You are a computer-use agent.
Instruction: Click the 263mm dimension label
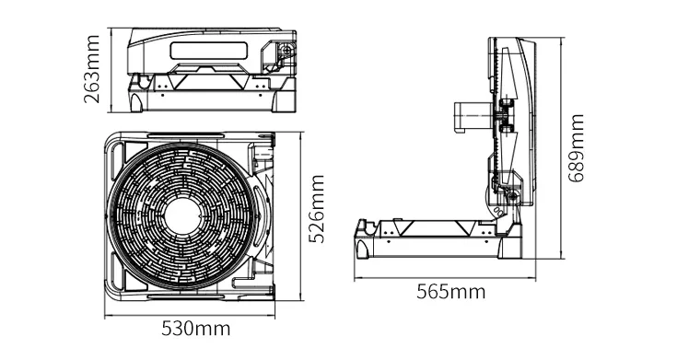tap(92, 69)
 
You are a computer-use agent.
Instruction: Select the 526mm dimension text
tap(316, 209)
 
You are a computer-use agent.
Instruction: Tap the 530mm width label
tap(196, 329)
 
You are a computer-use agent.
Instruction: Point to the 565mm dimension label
tap(451, 292)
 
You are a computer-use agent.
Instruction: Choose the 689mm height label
tap(576, 148)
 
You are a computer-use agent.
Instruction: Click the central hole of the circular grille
tap(182, 216)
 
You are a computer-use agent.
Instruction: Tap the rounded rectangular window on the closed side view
tap(208, 51)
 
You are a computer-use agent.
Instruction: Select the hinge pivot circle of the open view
tap(511, 196)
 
